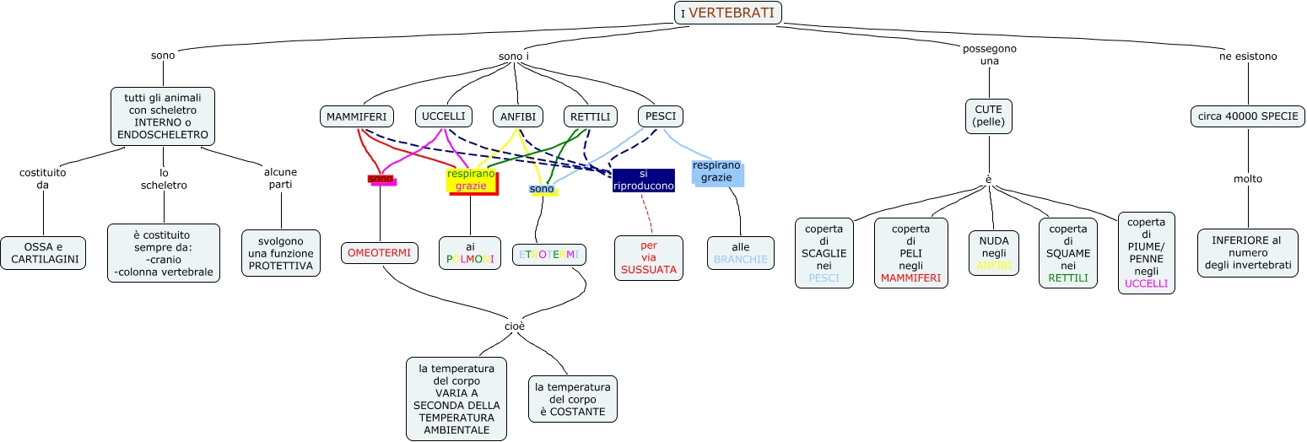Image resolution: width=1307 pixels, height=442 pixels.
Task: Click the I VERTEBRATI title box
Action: pos(728,13)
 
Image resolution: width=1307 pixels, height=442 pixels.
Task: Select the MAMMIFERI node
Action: pos(356,116)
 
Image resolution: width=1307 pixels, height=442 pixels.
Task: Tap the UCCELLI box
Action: pos(443,116)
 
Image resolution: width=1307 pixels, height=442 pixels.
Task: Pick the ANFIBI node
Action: pos(518,116)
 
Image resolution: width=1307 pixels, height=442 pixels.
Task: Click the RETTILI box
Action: pos(591,116)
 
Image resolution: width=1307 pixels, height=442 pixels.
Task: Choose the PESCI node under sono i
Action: pos(661,116)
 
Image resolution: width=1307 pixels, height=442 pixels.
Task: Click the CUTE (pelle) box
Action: pos(989,116)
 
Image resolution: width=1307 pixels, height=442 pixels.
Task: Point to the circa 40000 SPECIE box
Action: pos(1248,116)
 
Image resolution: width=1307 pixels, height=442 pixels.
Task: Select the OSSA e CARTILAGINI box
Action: pos(43,253)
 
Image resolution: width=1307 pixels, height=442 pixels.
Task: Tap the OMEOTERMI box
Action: pos(379,252)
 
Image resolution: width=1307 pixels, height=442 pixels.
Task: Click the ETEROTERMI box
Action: pos(549,254)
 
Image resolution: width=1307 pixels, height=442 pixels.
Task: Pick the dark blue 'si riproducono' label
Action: pos(644,180)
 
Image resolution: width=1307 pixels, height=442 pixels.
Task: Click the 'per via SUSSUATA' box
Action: pos(649,257)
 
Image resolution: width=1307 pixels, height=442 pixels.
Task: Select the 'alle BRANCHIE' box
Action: pos(741,253)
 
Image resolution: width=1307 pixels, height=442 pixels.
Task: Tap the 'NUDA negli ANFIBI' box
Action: pos(993,253)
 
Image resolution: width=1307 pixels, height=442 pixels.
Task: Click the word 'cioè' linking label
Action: pos(516,326)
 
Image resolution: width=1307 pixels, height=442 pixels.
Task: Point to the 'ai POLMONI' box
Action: pos(470,253)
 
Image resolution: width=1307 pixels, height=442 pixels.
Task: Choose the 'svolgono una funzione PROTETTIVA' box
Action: pos(281,253)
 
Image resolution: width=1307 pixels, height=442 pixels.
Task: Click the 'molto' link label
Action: pos(1248,179)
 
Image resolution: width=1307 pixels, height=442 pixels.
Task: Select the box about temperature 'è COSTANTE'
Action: pos(573,399)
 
